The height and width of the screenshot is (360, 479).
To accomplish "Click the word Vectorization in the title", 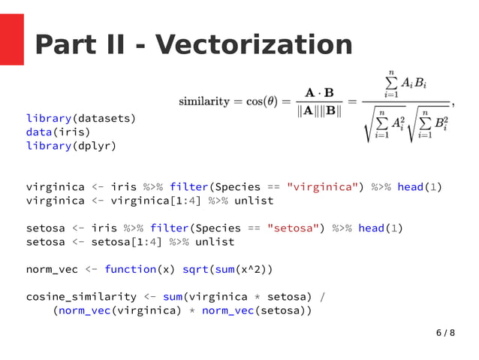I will point(254,46).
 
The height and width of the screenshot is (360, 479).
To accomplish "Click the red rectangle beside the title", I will point(12,39).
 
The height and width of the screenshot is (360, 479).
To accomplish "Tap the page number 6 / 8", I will point(445,332).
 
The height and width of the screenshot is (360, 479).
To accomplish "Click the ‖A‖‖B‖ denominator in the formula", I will point(319,111).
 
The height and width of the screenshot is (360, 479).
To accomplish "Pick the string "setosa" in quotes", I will point(291,228).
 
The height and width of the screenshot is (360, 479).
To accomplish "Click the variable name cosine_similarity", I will point(81,296).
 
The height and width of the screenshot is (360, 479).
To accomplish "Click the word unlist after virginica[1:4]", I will point(255,200).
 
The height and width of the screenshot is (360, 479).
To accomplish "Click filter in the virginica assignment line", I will point(189,186).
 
